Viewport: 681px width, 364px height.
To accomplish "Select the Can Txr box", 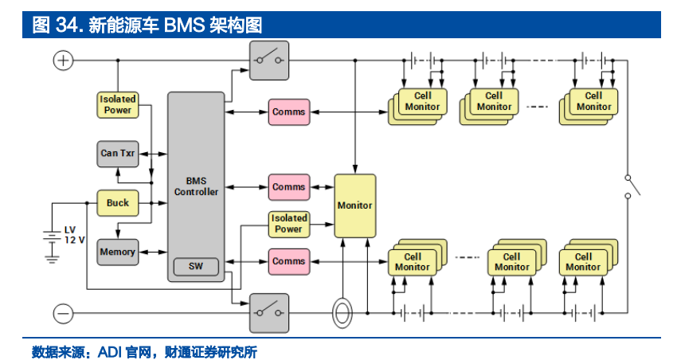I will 118,153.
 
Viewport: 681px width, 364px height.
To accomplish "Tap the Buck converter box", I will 118,203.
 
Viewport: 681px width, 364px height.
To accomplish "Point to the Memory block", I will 118,252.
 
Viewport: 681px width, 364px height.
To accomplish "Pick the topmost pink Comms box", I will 288,112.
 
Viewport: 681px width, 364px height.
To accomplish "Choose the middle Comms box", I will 288,187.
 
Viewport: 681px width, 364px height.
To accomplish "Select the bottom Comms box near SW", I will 288,261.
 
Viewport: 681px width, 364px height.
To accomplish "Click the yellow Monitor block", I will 354,205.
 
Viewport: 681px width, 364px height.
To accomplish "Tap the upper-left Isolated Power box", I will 118,104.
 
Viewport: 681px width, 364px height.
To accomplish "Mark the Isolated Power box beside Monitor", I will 288,224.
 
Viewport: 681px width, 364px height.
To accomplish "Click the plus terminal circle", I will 63,61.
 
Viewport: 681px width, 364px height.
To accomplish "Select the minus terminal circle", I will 63,313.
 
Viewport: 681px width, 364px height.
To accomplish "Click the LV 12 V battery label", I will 74,235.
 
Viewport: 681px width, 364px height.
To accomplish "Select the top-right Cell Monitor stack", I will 591,104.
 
